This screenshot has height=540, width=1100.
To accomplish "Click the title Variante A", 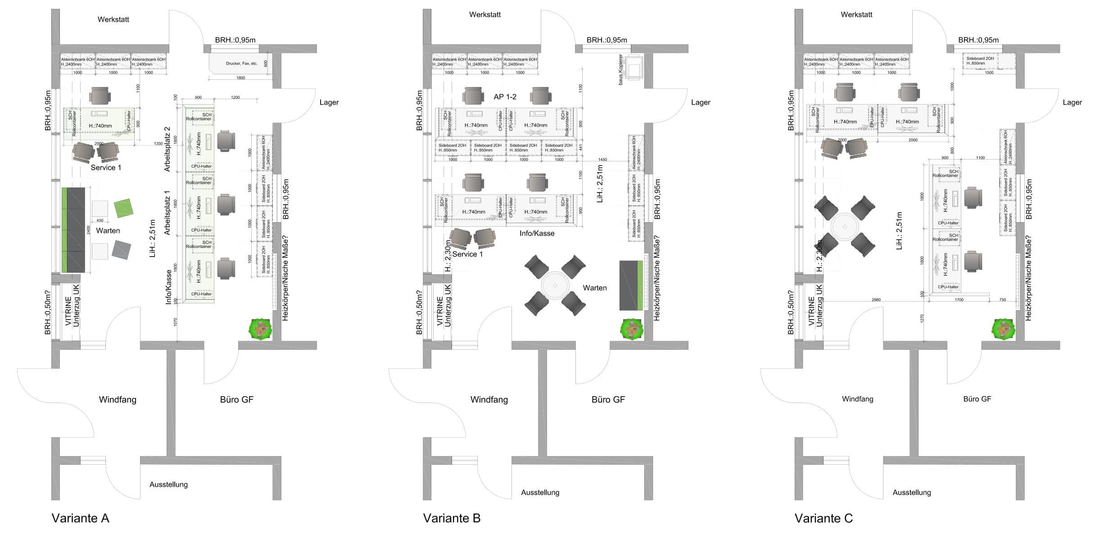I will (80, 518).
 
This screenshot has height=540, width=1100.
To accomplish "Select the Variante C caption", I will (824, 518).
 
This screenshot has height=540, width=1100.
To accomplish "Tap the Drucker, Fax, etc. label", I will (241, 64).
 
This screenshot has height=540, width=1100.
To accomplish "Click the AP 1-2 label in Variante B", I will (505, 96).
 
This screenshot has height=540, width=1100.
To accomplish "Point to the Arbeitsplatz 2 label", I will (167, 149).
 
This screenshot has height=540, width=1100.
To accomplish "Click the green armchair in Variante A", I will (123, 208).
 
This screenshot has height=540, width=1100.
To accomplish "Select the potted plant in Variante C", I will (1004, 329).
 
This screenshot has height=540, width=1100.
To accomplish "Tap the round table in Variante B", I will (555, 286).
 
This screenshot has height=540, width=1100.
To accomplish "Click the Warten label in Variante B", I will (594, 288).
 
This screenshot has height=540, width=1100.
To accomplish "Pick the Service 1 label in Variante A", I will (106, 168).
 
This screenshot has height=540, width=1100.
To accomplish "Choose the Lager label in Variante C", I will (1072, 102).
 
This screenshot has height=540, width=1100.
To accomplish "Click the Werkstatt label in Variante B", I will (484, 14).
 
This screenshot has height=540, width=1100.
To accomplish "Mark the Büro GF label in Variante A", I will (236, 399).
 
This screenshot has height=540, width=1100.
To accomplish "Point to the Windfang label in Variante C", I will (857, 399).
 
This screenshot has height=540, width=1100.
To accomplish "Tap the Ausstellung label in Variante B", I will (540, 492).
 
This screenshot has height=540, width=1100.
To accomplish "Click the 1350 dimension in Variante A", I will (158, 144).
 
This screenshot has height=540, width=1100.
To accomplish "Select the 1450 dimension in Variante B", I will (602, 160).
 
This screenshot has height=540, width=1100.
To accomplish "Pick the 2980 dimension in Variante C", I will (876, 300).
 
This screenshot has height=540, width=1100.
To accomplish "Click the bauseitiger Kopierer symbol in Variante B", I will (634, 68).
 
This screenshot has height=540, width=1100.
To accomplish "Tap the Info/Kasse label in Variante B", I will (537, 233).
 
